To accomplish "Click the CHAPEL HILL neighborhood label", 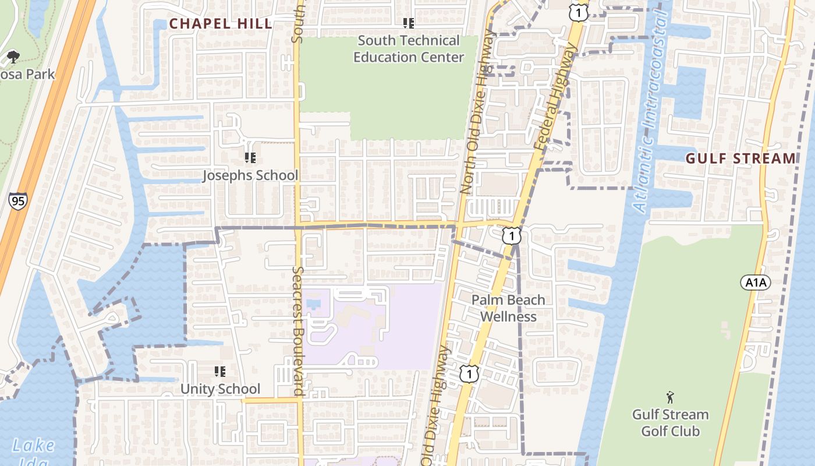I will [x=221, y=24].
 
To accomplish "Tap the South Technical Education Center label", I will [x=409, y=49].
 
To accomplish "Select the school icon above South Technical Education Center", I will [x=409, y=23].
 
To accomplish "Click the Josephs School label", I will [x=250, y=175].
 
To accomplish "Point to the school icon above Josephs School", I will [x=250, y=157].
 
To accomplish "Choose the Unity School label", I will [x=220, y=389].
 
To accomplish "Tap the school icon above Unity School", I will [x=220, y=371].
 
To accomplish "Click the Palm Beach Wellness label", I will [x=508, y=308].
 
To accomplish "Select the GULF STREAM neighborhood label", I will [x=740, y=158].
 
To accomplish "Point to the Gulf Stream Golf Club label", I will [x=670, y=423].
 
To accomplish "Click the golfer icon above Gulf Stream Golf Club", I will [x=670, y=398].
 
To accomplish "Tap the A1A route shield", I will [x=756, y=283].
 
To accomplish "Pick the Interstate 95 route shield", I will [x=17, y=202].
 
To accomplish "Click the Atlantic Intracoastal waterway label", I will [x=651, y=114].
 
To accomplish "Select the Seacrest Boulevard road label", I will [x=299, y=331].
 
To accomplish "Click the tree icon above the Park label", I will [x=13, y=57].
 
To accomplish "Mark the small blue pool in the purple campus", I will [x=313, y=303].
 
